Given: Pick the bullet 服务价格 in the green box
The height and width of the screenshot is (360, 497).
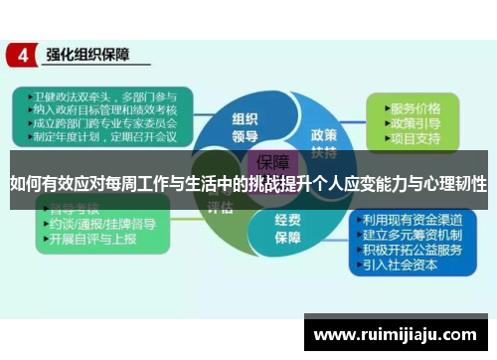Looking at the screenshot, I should [415, 106].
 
